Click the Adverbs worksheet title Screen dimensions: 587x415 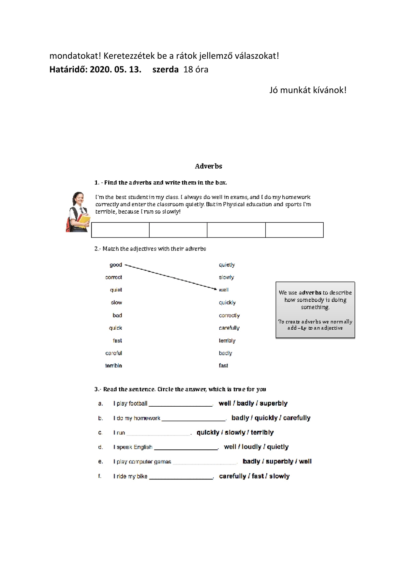(x=208, y=166)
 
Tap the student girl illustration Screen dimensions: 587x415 (x=78, y=212)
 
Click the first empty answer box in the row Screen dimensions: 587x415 (x=120, y=230)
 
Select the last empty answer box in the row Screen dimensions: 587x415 (x=294, y=230)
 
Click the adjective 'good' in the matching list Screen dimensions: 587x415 (x=116, y=265)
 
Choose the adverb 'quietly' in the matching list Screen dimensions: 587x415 (x=227, y=265)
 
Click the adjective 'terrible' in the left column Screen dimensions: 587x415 (x=113, y=366)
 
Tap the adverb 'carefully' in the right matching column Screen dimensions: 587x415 (x=229, y=328)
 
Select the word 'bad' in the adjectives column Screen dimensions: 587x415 (x=117, y=315)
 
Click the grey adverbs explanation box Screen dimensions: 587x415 (x=315, y=310)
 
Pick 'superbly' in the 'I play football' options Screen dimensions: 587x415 (x=274, y=403)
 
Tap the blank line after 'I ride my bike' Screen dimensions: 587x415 (x=181, y=477)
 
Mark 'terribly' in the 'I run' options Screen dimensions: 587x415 (x=262, y=432)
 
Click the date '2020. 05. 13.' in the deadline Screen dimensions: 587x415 (x=115, y=69)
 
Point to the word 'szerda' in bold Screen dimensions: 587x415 (x=165, y=69)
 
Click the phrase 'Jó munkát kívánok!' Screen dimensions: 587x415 (x=308, y=90)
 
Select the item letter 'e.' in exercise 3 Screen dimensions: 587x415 (x=100, y=461)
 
